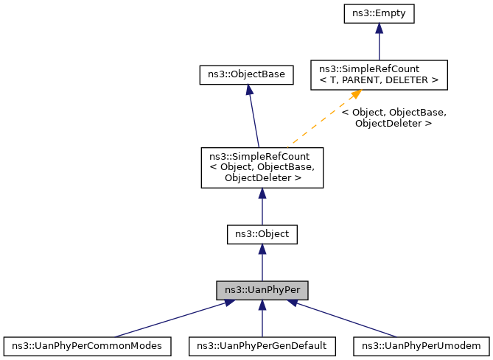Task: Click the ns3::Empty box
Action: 379,13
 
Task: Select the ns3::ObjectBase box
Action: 247,74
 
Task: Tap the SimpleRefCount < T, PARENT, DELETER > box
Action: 379,74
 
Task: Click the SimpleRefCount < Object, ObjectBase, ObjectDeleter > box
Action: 262,166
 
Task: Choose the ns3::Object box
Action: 262,235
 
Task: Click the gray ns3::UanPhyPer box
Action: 262,289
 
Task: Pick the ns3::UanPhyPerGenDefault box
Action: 262,345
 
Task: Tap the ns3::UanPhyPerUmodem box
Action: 422,345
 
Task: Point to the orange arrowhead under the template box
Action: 355,95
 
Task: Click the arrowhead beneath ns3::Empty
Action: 379,28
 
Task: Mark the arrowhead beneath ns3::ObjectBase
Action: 249,89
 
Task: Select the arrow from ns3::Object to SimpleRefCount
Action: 262,206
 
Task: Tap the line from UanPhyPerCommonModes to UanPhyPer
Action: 169,319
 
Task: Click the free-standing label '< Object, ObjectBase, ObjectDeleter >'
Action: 394,118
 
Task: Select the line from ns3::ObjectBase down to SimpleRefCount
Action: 254,118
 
